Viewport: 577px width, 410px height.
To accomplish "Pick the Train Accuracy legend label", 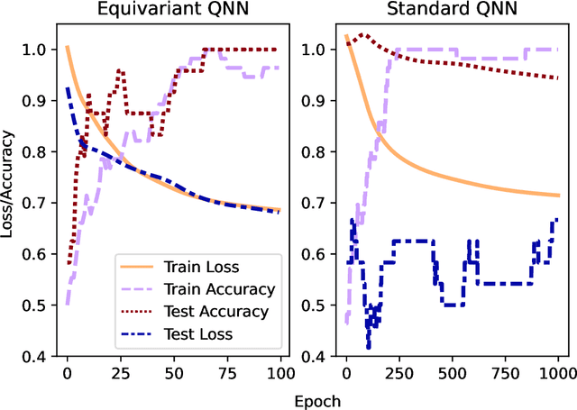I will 219,289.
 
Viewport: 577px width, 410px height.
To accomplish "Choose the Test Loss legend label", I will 198,334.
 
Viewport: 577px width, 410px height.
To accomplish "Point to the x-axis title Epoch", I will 309,398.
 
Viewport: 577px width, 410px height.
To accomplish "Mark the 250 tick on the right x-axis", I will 399,372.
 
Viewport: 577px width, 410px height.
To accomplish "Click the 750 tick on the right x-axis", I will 506,372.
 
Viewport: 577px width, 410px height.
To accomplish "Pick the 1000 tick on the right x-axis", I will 558,372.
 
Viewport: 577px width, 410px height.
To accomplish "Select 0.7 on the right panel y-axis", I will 319,203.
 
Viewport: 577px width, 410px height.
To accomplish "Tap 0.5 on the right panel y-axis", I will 319,305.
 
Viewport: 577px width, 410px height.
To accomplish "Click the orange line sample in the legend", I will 137,268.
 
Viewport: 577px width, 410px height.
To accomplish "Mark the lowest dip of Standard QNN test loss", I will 368,347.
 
